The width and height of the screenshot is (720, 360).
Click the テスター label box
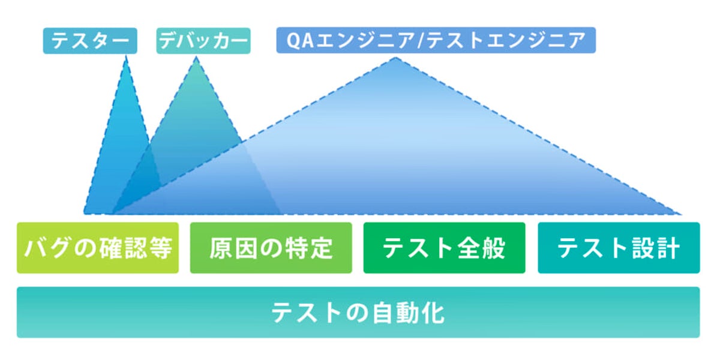(90, 41)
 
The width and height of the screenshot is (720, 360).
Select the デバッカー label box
(203, 41)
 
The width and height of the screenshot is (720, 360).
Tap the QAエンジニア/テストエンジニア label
(436, 41)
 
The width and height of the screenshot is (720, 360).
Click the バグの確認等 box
(98, 248)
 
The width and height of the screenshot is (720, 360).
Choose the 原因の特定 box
(271, 248)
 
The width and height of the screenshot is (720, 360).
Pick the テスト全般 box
(444, 248)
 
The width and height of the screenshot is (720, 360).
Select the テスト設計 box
(619, 248)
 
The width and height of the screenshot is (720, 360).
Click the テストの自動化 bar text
(358, 313)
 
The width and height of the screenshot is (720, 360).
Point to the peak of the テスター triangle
(126, 58)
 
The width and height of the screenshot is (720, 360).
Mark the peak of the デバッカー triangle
(196, 58)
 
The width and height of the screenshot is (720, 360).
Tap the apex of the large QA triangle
(395, 58)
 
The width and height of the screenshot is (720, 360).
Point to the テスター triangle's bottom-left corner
(85, 213)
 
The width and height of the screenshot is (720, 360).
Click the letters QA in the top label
(298, 41)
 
